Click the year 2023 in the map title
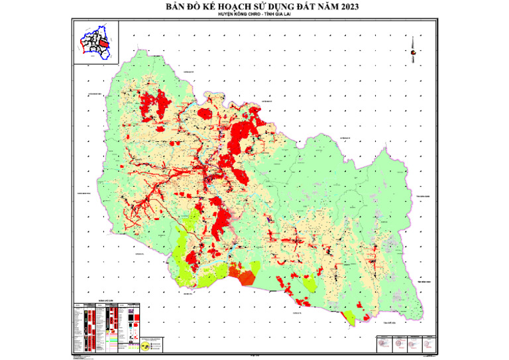coord(341,8)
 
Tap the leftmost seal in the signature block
coord(384,343)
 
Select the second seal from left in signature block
coord(399,343)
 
